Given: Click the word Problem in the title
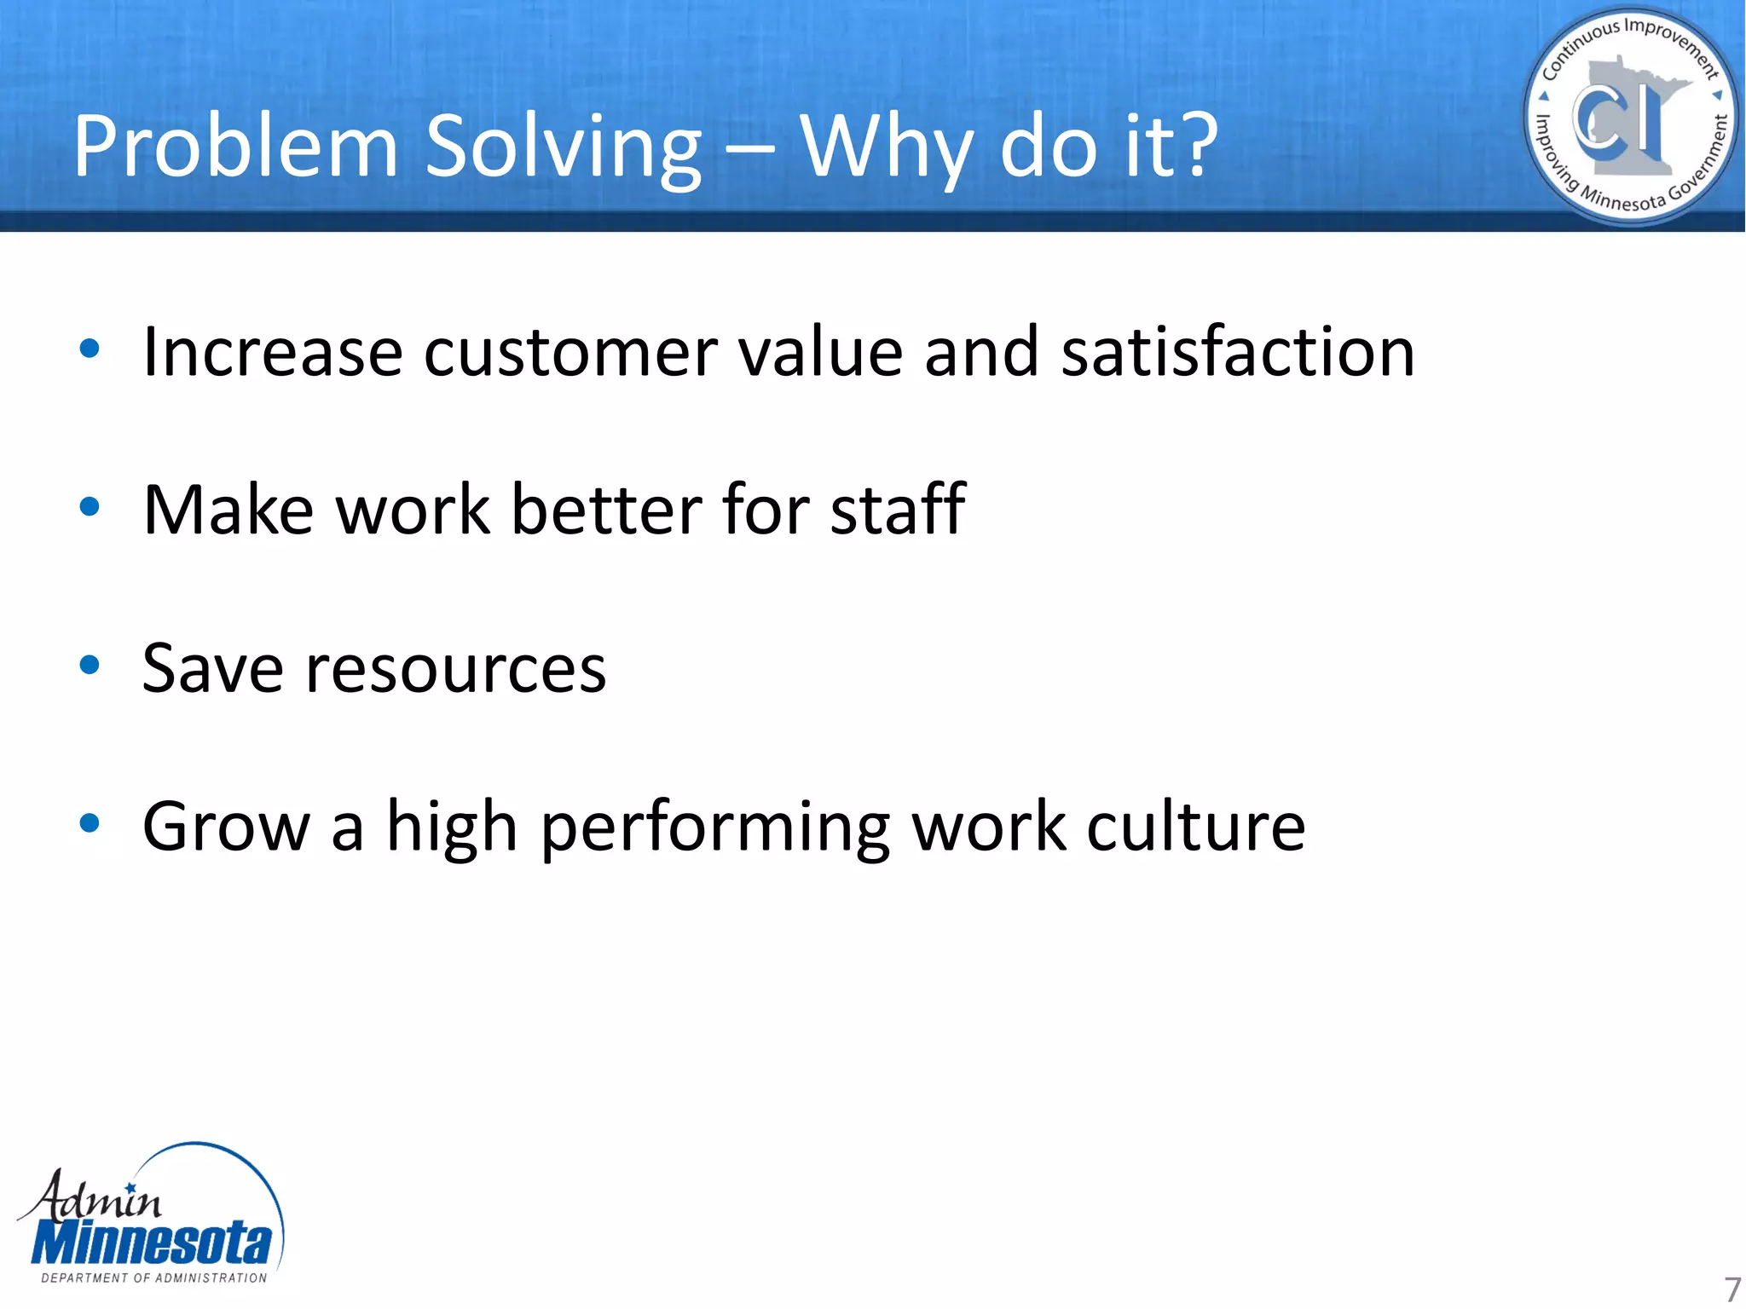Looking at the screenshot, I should pyautogui.click(x=235, y=147).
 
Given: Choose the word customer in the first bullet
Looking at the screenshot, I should pyautogui.click(x=570, y=354).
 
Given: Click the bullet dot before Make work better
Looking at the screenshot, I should pyautogui.click(x=90, y=507).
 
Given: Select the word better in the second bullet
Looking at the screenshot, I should pyautogui.click(x=606, y=510).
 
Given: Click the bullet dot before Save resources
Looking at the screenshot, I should pyautogui.click(x=90, y=665).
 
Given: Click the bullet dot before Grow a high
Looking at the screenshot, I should pyautogui.click(x=90, y=823).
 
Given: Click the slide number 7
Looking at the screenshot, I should pyautogui.click(x=1732, y=1289).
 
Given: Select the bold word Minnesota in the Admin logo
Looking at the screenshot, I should pyautogui.click(x=152, y=1243).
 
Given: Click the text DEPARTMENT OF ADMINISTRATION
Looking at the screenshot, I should pyautogui.click(x=154, y=1277).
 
